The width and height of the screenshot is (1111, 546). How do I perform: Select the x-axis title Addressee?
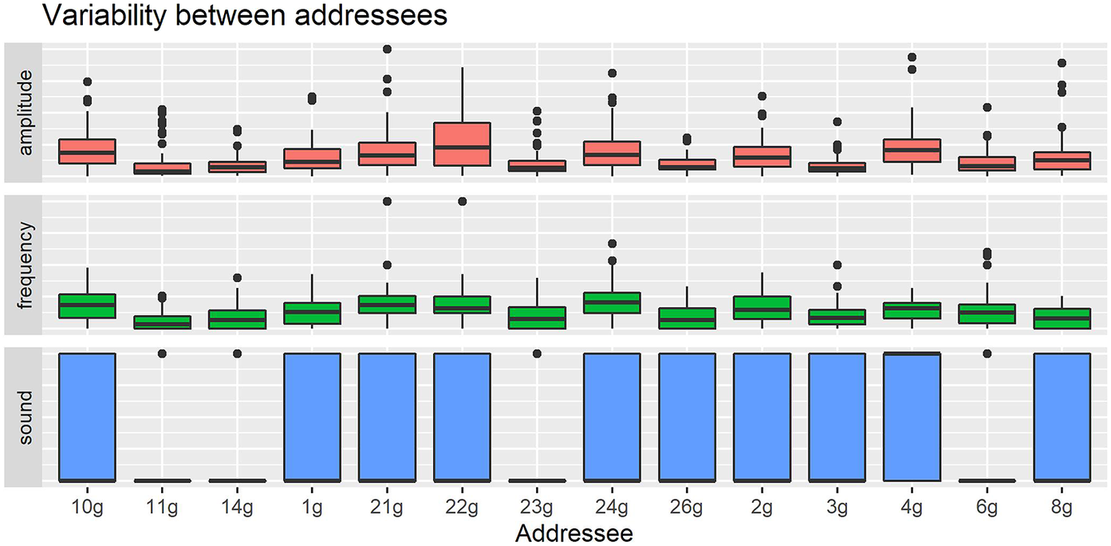click(574, 532)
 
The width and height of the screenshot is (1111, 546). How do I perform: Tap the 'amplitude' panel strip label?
click(25, 112)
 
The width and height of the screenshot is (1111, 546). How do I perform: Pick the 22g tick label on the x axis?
click(462, 506)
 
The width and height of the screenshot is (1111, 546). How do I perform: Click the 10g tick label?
click(88, 506)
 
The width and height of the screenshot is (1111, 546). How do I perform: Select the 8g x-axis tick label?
click(1062, 506)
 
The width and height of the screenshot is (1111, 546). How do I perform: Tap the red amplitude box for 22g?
click(462, 144)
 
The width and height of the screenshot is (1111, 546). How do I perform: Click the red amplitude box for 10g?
click(88, 151)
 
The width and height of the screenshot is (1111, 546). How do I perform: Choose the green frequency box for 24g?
click(612, 303)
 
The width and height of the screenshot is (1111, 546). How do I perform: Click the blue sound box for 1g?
click(312, 417)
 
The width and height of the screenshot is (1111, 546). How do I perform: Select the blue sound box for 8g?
click(1062, 417)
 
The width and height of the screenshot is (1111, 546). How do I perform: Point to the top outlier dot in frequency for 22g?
click(462, 201)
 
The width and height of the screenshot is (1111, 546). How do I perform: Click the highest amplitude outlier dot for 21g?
click(387, 49)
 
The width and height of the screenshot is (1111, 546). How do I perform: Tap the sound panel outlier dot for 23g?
click(537, 354)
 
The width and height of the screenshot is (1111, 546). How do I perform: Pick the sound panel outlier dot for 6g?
click(987, 354)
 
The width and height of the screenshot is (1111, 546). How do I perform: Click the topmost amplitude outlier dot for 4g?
click(912, 57)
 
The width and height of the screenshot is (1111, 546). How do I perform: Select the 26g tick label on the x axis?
click(687, 506)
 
